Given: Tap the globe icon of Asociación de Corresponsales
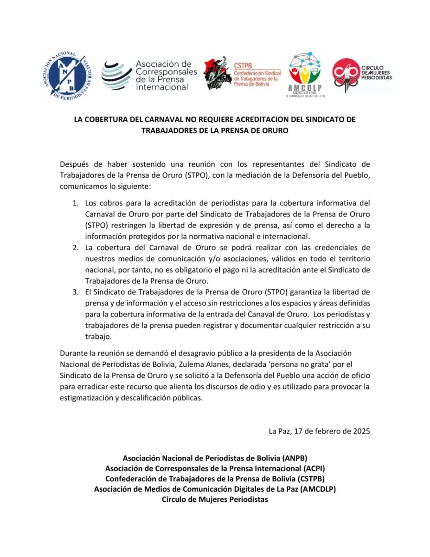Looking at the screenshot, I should point(116,75).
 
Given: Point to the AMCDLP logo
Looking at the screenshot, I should point(305,74).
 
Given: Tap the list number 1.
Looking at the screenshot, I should point(76,203).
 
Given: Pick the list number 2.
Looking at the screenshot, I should point(76,247).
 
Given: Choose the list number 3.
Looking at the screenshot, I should point(76,292).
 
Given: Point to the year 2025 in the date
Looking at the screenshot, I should point(360,431).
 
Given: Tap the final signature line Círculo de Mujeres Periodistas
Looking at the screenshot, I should point(215,499).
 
